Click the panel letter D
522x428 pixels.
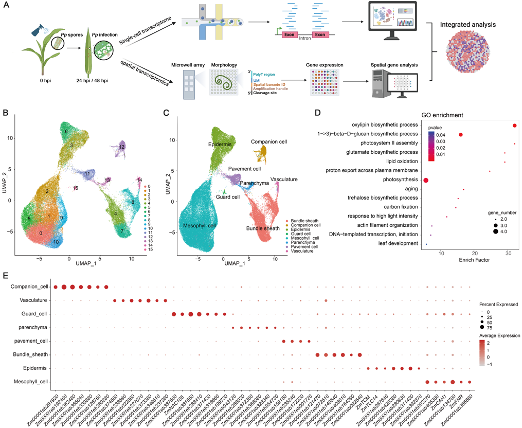317,113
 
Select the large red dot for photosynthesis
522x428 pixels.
426,180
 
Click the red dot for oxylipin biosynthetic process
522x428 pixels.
514,126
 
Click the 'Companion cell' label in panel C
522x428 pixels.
269,141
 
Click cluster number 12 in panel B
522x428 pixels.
122,147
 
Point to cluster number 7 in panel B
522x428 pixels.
122,231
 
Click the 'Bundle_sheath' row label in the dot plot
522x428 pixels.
30,354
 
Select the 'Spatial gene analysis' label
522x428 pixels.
394,65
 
